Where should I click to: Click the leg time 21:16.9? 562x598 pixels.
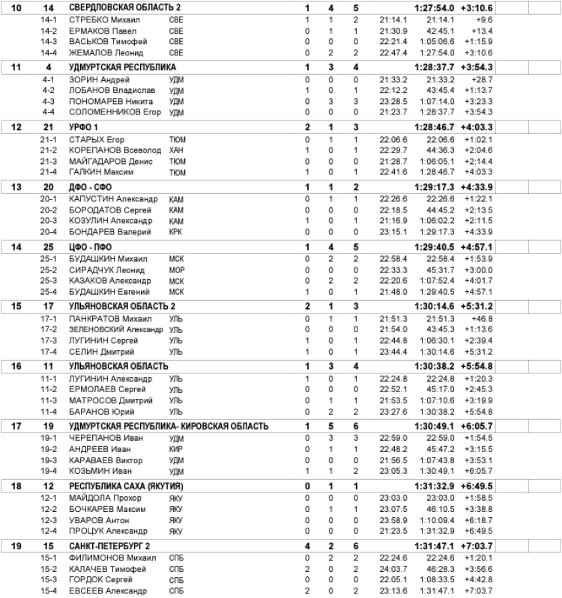point(393,221)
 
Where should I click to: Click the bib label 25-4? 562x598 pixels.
point(49,291)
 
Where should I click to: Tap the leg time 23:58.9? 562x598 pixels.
point(393,520)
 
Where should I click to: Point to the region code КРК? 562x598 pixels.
point(177,231)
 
